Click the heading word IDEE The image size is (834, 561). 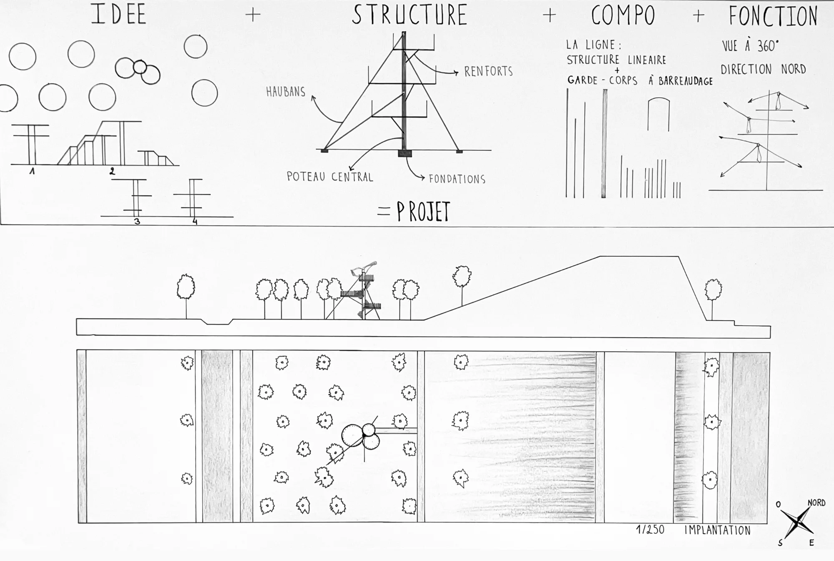(x=119, y=14)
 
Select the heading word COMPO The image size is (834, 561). (x=623, y=16)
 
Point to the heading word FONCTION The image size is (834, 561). (x=773, y=16)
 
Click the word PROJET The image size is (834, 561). (x=423, y=211)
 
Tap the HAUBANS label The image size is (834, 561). (x=286, y=92)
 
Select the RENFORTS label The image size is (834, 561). (x=488, y=71)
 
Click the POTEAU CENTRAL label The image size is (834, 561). (x=330, y=177)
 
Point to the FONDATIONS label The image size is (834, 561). (x=457, y=179)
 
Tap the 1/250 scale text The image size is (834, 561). (x=650, y=530)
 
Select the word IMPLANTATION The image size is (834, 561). (x=717, y=531)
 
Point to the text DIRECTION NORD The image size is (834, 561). (x=763, y=69)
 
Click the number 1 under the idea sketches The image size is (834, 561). (x=32, y=170)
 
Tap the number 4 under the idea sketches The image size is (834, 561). (x=195, y=221)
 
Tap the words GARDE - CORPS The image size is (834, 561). (x=602, y=80)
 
